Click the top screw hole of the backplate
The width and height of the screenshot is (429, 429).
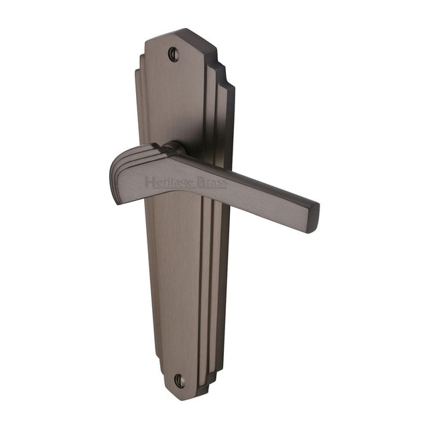[x=174, y=54]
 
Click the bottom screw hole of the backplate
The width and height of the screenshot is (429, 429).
[x=179, y=380]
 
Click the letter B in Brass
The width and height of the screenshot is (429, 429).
[x=202, y=182]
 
